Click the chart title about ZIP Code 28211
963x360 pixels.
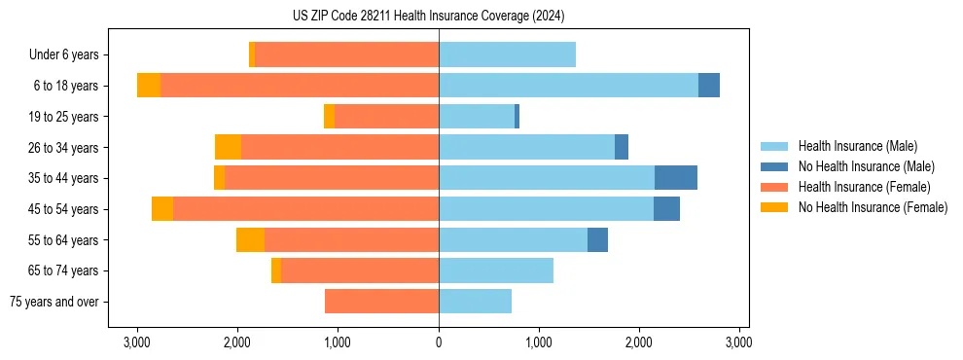428,17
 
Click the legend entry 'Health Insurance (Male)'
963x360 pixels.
857,146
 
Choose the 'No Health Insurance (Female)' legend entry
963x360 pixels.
873,207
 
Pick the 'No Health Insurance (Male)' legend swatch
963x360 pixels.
774,166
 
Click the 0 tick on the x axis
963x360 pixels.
439,342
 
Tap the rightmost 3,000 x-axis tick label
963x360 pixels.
738,342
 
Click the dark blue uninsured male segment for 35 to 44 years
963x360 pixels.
676,178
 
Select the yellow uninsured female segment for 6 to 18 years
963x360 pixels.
149,86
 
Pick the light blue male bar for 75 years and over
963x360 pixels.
475,302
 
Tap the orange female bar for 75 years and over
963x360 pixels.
381,302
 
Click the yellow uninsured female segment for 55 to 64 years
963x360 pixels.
250,240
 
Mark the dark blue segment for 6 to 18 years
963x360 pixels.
709,86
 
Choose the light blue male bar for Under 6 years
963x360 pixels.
507,55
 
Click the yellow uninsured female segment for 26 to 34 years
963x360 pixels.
228,148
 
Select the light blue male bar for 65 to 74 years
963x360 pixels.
496,270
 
